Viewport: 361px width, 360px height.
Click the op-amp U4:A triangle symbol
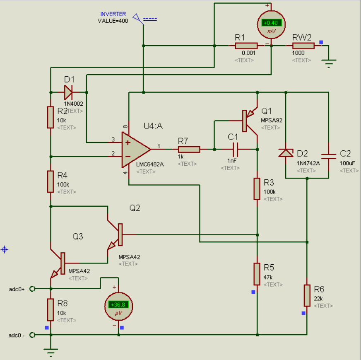tap(135, 148)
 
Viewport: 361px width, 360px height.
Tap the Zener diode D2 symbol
tap(285, 153)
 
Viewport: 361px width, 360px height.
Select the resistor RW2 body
tap(303, 46)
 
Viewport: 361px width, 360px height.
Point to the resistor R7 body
tap(189, 149)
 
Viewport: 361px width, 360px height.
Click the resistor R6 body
tap(307, 295)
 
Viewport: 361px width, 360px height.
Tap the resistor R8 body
tap(51, 309)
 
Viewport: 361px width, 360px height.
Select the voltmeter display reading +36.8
tap(118, 305)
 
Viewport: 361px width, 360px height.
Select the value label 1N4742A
tap(308, 163)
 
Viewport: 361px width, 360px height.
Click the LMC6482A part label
tap(150, 164)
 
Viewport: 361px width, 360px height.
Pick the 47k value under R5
tap(268, 277)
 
